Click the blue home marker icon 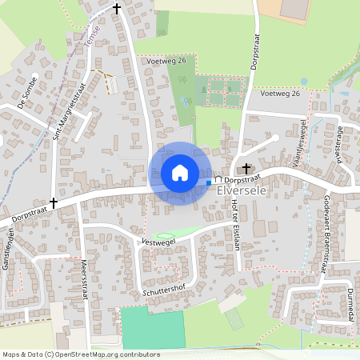coord(180,172)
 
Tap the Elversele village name coord(246,193)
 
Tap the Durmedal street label coord(350,304)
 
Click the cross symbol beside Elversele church coord(246,169)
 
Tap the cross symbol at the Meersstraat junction coord(54,203)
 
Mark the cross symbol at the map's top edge coord(117,9)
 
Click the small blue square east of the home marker coord(209,183)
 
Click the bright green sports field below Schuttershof coord(152,327)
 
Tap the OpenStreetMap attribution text coord(80,354)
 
